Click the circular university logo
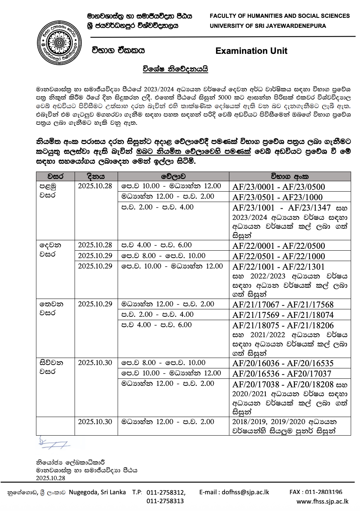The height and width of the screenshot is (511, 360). [59, 43]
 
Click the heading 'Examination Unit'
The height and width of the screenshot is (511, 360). [251, 51]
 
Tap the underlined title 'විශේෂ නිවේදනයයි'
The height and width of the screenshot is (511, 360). [175, 69]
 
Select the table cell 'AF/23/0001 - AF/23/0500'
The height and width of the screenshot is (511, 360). [278, 187]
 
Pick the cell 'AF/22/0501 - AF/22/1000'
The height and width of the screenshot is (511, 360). [278, 256]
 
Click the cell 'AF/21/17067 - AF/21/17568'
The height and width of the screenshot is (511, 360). [283, 305]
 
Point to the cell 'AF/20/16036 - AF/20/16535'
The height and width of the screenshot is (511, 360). [283, 363]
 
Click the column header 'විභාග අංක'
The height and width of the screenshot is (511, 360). [289, 176]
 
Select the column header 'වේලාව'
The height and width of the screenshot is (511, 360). [173, 176]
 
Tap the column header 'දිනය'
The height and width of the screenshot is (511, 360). [96, 176]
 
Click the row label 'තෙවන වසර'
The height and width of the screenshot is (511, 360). [51, 308]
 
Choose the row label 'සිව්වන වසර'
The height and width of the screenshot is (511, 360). [51, 367]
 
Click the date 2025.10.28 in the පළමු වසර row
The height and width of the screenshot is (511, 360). [95, 186]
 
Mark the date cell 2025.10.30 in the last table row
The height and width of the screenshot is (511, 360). [95, 422]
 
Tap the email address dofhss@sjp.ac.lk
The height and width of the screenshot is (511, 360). [234, 492]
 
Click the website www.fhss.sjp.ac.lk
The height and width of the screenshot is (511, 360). [322, 501]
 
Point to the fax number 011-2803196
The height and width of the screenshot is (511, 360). [316, 492]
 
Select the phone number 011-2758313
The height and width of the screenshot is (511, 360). [165, 501]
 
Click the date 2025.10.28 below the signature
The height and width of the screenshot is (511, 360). [50, 478]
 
